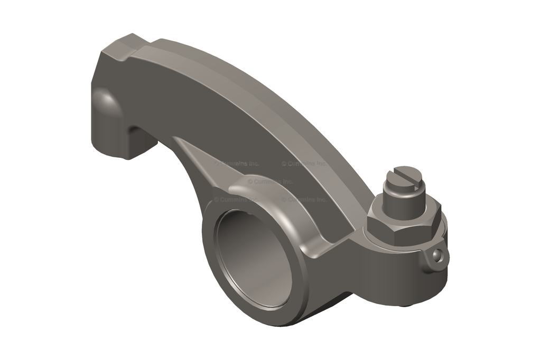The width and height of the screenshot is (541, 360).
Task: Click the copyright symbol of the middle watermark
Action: click(x=250, y=181)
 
